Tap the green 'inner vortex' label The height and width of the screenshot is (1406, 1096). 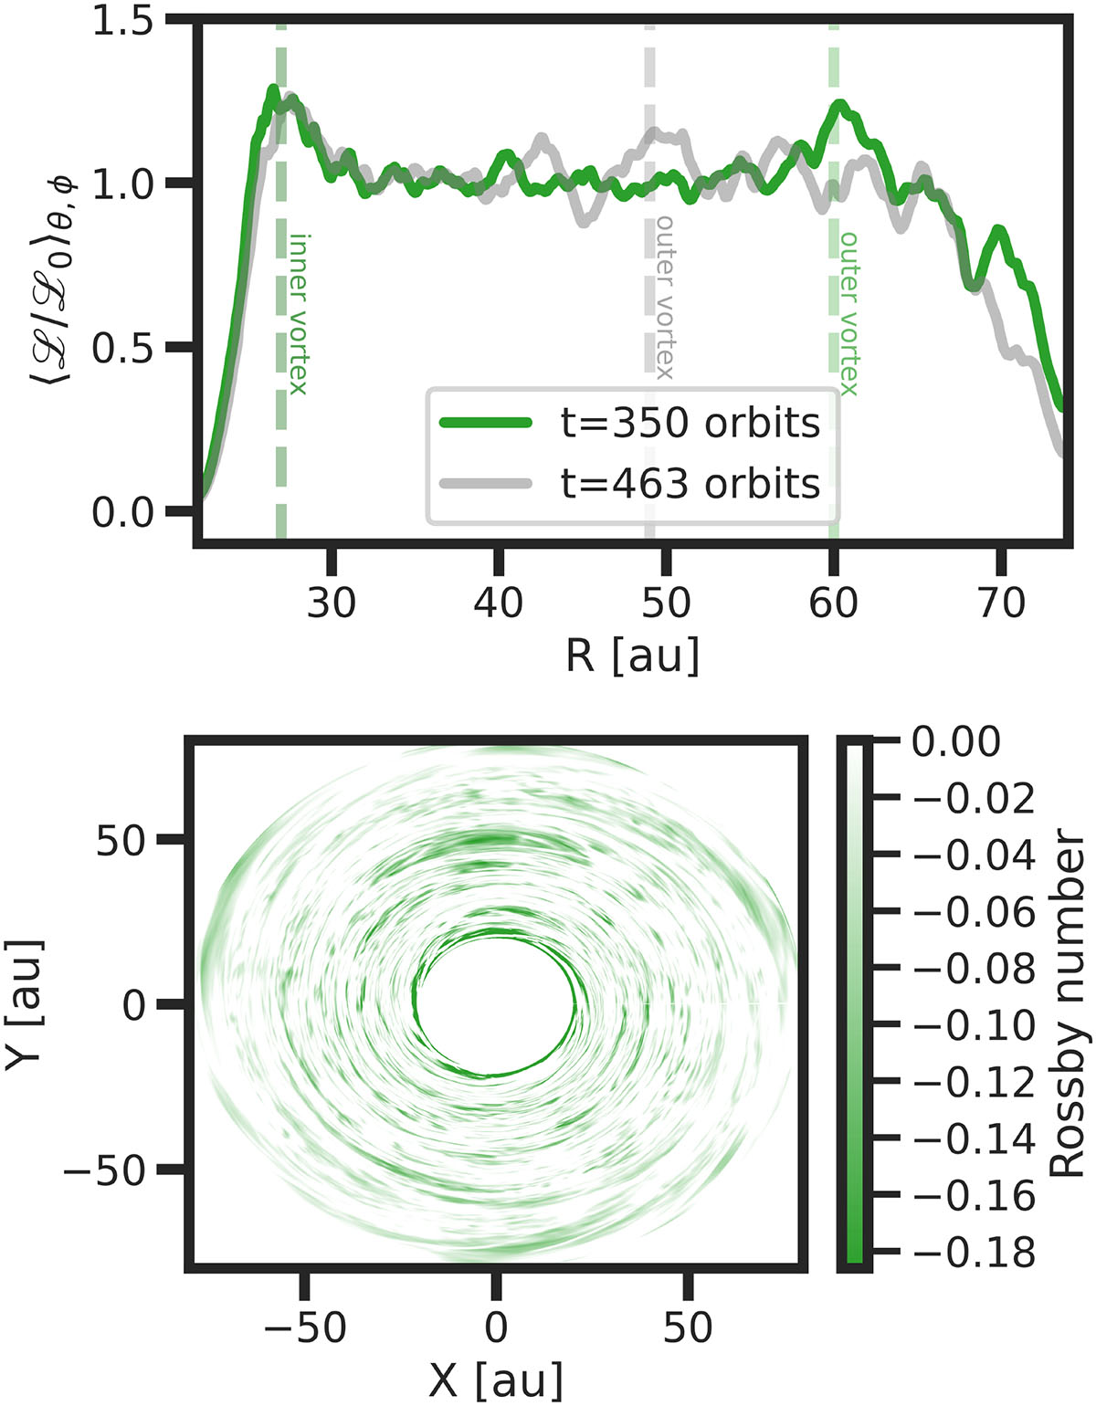(x=298, y=314)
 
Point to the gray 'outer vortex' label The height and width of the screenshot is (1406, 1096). (x=665, y=298)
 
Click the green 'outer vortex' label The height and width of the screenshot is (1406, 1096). (x=848, y=314)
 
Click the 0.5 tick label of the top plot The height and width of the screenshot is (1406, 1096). (x=123, y=348)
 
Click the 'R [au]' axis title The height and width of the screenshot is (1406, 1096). (x=633, y=656)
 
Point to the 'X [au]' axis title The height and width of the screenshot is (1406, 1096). (x=496, y=1379)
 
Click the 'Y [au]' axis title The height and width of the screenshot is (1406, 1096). (x=25, y=1003)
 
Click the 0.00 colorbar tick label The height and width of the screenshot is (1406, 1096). (x=956, y=741)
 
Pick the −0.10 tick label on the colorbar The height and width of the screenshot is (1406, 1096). (x=974, y=1025)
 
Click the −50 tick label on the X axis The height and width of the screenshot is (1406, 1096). (x=305, y=1327)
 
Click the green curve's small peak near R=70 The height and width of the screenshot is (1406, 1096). (x=999, y=230)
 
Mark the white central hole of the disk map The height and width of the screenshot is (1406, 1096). (x=496, y=1003)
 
